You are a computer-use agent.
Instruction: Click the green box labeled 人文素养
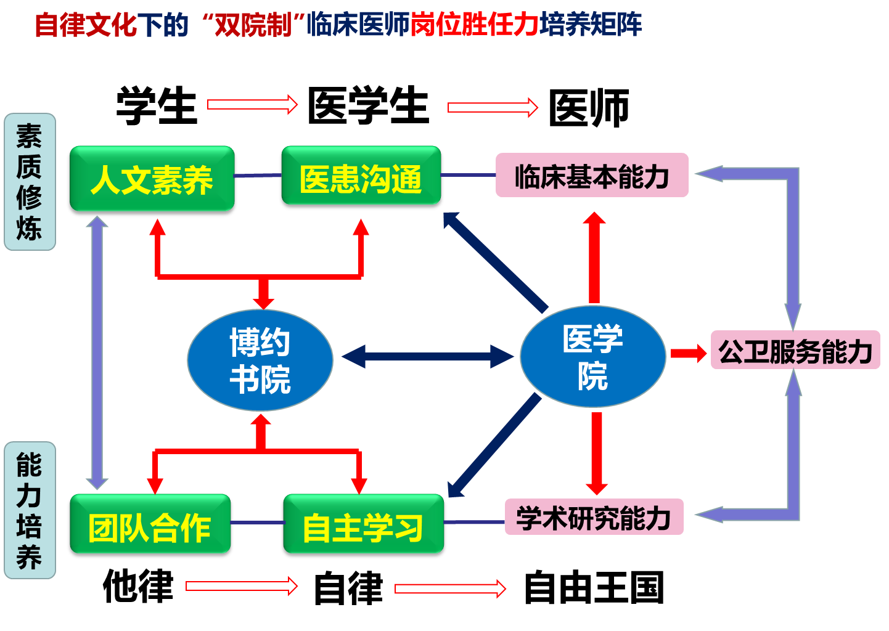pos(152,179)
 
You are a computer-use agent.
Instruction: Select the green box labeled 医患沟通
pos(361,176)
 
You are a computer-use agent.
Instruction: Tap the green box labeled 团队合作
pos(150,524)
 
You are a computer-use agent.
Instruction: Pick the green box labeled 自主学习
pos(363,524)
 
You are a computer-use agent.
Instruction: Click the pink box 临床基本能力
pos(591,176)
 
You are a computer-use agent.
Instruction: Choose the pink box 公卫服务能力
pos(795,351)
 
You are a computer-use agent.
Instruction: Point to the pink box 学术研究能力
pos(594,517)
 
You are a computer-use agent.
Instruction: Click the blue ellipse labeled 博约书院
pos(260,360)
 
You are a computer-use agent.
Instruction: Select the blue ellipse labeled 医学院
pos(592,356)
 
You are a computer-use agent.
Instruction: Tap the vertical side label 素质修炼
pos(30,182)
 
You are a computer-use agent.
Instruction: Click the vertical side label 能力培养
pos(30,510)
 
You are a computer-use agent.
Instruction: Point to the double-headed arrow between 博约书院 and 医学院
pos(427,356)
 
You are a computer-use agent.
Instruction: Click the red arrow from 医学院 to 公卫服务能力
pos(688,353)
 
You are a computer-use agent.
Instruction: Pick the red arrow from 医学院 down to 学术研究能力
pos(596,453)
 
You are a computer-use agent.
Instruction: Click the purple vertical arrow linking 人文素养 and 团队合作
pos(97,352)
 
